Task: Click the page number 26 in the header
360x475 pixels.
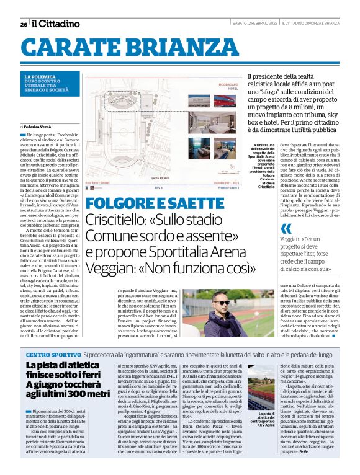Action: pos(23,24)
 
